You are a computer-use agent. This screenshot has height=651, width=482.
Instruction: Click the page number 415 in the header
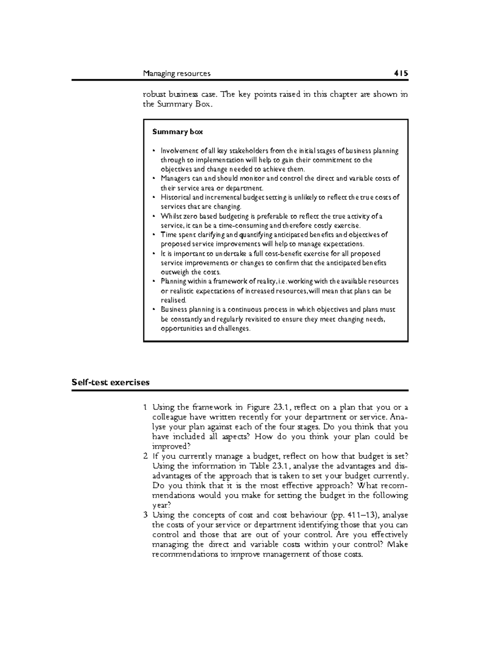pyautogui.click(x=400, y=74)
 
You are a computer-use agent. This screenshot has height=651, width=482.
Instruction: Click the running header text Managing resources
pyautogui.click(x=177, y=74)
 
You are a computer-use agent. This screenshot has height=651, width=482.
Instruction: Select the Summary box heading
pyautogui.click(x=177, y=132)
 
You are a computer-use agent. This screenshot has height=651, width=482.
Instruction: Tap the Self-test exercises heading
pyautogui.click(x=110, y=382)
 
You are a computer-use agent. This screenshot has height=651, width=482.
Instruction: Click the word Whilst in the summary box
pyautogui.click(x=169, y=216)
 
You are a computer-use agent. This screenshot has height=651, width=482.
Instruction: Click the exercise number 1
pyautogui.click(x=145, y=407)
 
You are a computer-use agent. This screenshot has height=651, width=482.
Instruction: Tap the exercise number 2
pyautogui.click(x=145, y=456)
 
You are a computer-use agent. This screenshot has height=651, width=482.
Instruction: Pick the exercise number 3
pyautogui.click(x=145, y=515)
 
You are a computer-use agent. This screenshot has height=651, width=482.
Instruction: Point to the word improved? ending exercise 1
pyautogui.click(x=170, y=446)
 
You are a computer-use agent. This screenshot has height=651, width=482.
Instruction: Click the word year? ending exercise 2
pyautogui.click(x=161, y=505)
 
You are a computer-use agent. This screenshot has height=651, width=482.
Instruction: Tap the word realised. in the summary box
pyautogui.click(x=174, y=300)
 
